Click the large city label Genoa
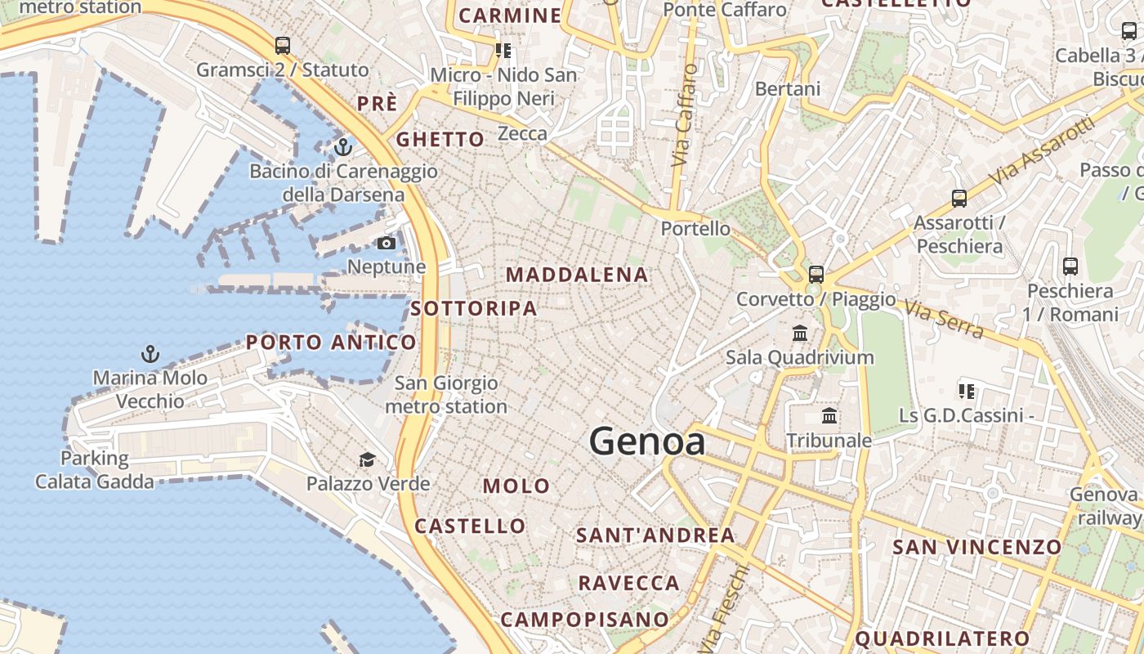[647, 441]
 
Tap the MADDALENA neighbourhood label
[578, 275]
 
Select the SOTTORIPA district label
[474, 308]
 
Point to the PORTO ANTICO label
[331, 343]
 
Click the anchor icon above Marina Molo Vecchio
[150, 354]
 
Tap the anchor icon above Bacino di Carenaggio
[343, 148]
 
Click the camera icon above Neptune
[387, 243]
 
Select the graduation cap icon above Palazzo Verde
[368, 459]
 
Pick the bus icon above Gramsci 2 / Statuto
[283, 46]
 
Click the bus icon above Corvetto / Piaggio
[816, 275]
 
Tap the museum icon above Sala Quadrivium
[800, 334]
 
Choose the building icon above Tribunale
[829, 416]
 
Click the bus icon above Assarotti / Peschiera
[959, 199]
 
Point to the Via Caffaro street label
[685, 116]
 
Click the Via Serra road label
[944, 319]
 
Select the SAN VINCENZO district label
[976, 547]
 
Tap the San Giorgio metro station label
[446, 394]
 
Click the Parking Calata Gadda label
[94, 469]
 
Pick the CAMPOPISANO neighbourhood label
[584, 619]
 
